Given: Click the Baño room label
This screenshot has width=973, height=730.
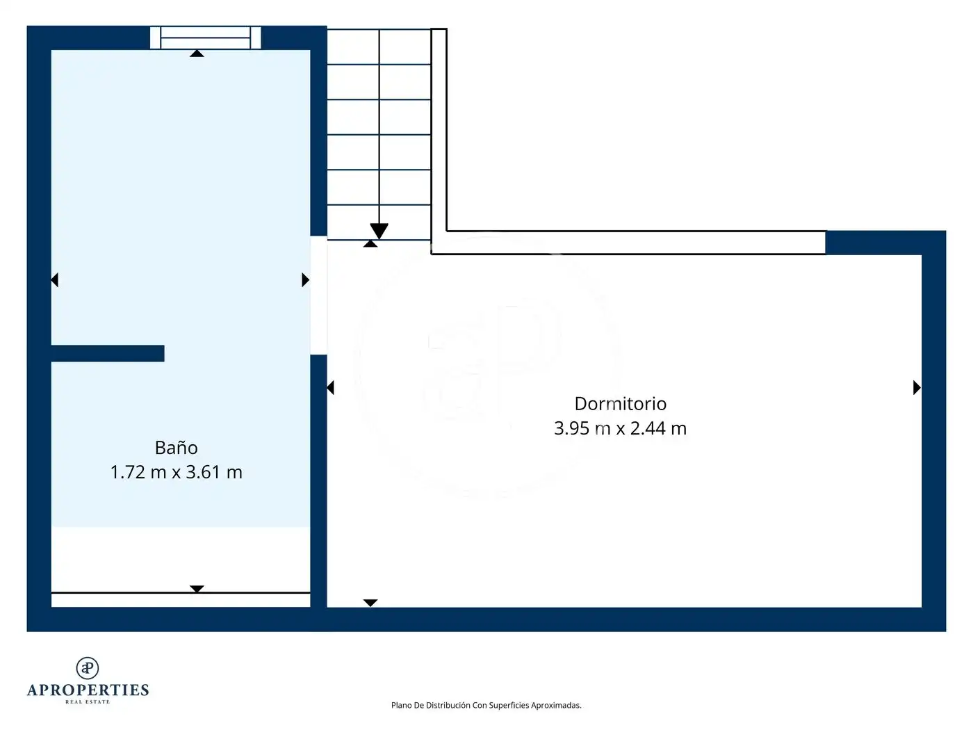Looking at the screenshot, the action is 176,448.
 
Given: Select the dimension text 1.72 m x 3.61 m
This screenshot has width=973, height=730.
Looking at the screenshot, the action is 176,472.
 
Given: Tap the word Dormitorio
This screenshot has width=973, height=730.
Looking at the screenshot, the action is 620,404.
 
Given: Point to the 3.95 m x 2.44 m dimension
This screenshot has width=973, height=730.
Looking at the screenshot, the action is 620,428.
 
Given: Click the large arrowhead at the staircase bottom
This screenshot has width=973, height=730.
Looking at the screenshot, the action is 379,231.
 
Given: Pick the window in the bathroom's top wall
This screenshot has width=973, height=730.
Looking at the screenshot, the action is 205,38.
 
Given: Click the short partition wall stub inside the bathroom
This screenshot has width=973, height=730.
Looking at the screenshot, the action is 108,354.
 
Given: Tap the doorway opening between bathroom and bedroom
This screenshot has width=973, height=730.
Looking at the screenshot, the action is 319,295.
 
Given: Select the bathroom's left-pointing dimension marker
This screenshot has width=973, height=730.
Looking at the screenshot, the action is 54,280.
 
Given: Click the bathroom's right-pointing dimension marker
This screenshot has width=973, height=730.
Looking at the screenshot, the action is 305,280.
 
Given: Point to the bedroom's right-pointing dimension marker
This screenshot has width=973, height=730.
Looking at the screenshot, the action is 917,388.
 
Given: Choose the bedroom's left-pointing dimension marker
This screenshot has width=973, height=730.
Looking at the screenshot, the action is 330,388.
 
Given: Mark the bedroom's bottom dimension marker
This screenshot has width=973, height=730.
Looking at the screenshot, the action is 370,603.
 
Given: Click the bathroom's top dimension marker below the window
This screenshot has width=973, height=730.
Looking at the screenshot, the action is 197,54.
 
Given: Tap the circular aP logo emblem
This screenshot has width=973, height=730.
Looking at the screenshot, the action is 88,668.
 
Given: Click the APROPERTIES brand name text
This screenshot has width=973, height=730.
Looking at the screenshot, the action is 88,690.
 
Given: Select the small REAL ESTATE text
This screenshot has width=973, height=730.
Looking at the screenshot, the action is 88,702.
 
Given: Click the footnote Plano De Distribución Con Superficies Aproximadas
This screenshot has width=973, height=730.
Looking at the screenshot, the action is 486,706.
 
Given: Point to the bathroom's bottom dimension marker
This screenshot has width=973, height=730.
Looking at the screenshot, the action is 197,589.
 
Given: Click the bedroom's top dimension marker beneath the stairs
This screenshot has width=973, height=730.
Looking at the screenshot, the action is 370,243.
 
